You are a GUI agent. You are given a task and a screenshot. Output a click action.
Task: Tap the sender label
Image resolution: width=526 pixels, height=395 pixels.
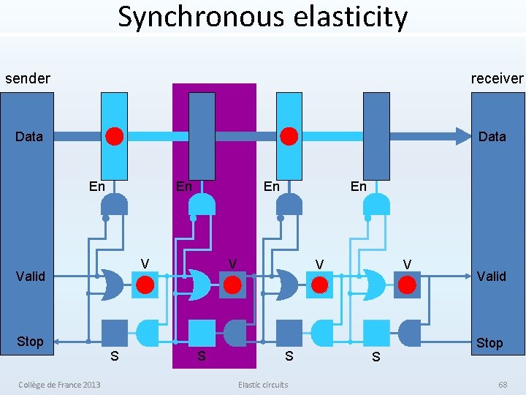click(28, 78)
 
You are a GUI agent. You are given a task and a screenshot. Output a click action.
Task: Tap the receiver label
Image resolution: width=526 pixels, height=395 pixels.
click(498, 78)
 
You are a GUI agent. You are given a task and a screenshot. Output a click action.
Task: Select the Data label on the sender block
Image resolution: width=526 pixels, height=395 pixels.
click(29, 136)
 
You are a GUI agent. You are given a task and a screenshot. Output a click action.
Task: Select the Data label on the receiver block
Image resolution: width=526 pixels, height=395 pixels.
click(492, 136)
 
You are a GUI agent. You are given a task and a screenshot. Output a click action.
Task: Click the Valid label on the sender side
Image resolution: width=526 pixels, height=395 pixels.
click(31, 276)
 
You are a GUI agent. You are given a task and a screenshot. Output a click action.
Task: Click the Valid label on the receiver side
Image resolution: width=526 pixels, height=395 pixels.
click(491, 276)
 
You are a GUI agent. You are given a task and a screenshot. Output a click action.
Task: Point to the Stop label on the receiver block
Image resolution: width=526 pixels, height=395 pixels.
click(489, 343)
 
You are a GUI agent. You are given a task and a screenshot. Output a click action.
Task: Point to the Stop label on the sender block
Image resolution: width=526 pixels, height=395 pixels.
click(30, 342)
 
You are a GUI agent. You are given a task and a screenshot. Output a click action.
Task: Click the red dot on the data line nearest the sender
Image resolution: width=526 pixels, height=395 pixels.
click(114, 136)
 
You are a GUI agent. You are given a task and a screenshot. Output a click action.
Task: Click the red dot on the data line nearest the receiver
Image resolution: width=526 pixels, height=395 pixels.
click(289, 136)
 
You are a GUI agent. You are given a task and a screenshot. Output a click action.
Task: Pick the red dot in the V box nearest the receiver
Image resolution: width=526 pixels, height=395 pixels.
click(407, 285)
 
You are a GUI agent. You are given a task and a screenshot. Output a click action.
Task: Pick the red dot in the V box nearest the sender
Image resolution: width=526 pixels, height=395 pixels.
click(145, 285)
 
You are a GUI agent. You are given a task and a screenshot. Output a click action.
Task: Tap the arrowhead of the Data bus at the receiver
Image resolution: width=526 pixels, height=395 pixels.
click(463, 136)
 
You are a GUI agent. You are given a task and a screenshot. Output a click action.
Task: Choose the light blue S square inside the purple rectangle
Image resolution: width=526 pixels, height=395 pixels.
click(202, 333)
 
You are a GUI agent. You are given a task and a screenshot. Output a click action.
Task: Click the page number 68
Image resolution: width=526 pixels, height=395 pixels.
click(503, 385)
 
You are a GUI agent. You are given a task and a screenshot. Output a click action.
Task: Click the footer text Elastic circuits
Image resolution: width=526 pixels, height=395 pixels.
click(263, 385)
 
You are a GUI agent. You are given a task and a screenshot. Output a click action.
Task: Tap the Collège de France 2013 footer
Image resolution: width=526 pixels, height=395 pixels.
click(60, 385)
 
